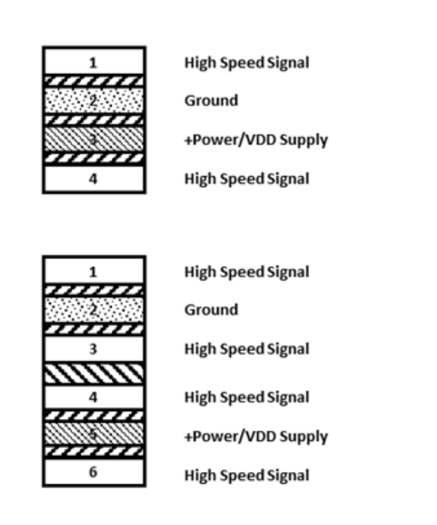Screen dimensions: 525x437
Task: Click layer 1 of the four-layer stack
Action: pos(93,62)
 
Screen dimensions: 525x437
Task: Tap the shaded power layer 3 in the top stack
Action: pos(93,139)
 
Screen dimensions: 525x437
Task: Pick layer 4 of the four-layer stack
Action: pos(93,178)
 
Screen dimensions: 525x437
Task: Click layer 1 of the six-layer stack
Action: pos(93,271)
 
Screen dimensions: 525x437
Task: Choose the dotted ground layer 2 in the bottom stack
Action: pos(93,310)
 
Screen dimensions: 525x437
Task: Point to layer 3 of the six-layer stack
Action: pos(93,349)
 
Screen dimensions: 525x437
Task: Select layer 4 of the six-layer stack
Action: pos(93,397)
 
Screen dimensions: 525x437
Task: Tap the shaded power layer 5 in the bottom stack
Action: pos(93,436)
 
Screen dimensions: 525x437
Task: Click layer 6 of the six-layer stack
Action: pos(93,474)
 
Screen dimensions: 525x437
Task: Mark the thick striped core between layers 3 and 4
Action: pos(93,373)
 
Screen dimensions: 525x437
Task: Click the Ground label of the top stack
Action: pos(211,101)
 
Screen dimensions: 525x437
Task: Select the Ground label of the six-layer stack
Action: pos(211,310)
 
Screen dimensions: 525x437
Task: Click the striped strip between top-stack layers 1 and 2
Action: pos(93,80)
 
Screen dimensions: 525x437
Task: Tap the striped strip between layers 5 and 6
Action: pos(93,454)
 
